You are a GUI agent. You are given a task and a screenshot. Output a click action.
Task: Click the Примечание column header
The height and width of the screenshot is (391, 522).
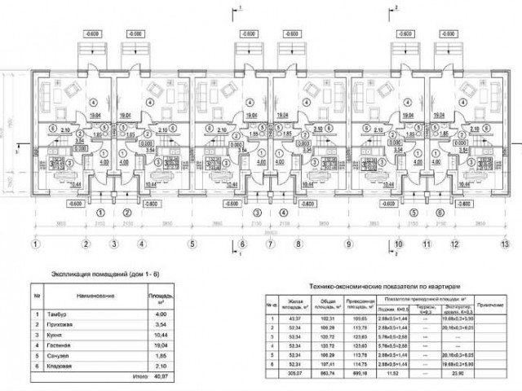(489, 305)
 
